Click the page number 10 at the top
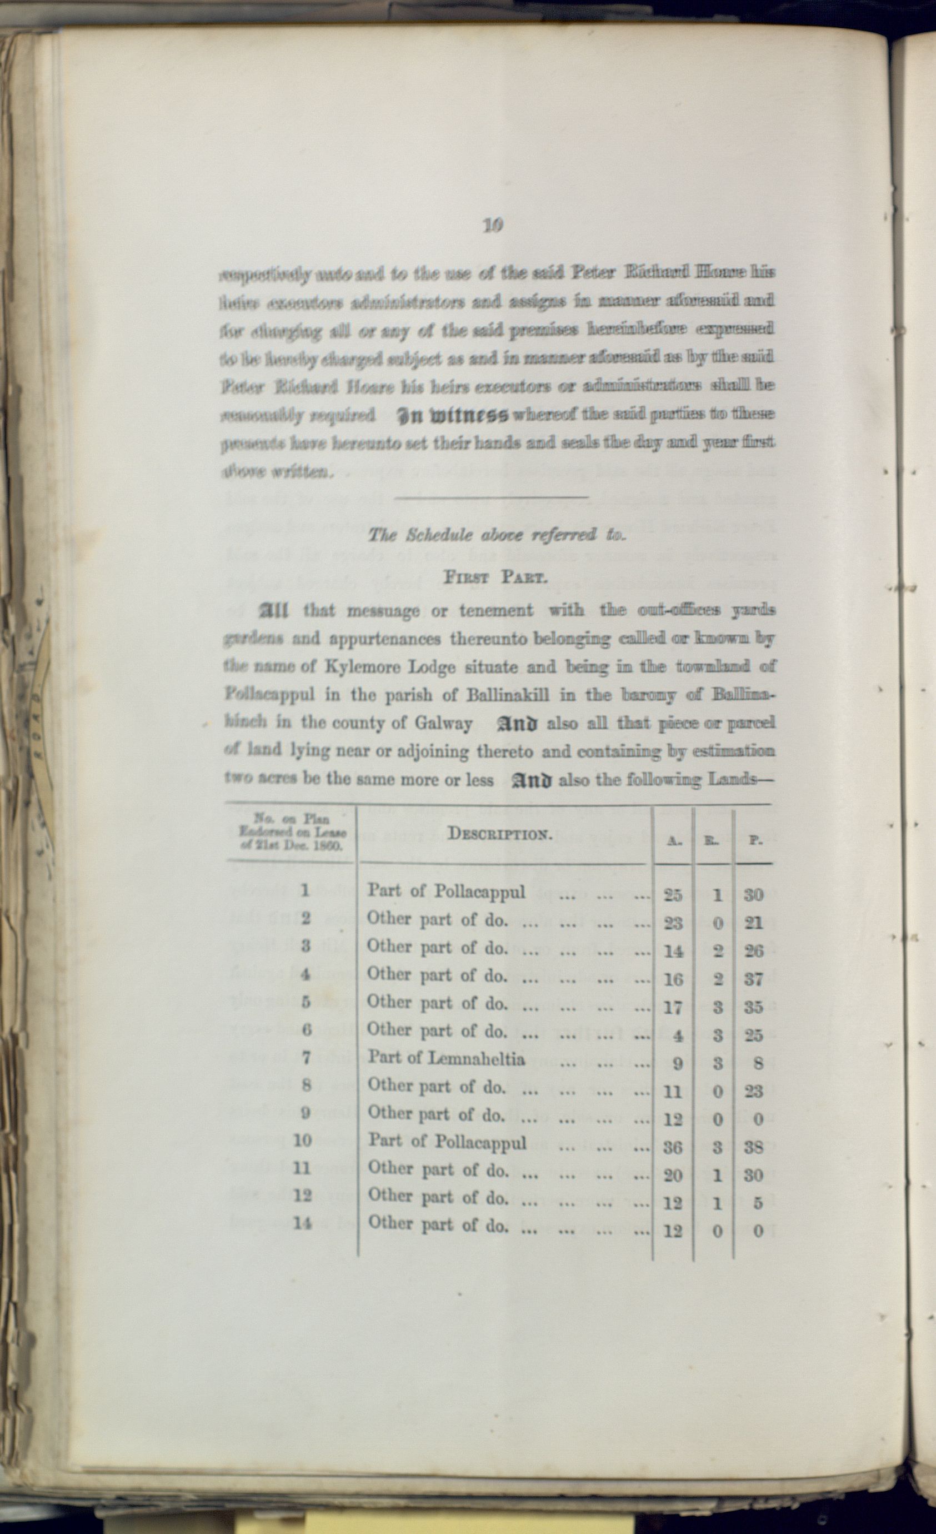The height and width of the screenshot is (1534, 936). [492, 225]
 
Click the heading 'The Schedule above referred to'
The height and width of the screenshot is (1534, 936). [496, 535]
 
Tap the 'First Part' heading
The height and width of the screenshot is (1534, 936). [495, 576]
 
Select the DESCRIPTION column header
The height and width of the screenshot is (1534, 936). [500, 834]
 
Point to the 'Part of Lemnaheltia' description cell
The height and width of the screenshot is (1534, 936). [446, 1058]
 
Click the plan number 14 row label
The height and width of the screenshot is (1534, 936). [302, 1223]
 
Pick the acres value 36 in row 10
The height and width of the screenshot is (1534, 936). [673, 1147]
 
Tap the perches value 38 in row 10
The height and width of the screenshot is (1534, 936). [754, 1147]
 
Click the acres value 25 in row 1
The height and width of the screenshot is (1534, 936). [673, 895]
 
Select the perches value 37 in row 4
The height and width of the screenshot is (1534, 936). [754, 979]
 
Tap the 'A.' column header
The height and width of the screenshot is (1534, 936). [673, 840]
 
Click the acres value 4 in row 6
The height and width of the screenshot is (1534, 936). [678, 1035]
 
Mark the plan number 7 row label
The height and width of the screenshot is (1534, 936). [306, 1057]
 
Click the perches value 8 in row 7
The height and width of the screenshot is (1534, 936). [757, 1063]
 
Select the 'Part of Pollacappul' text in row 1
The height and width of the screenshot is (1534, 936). [446, 891]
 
